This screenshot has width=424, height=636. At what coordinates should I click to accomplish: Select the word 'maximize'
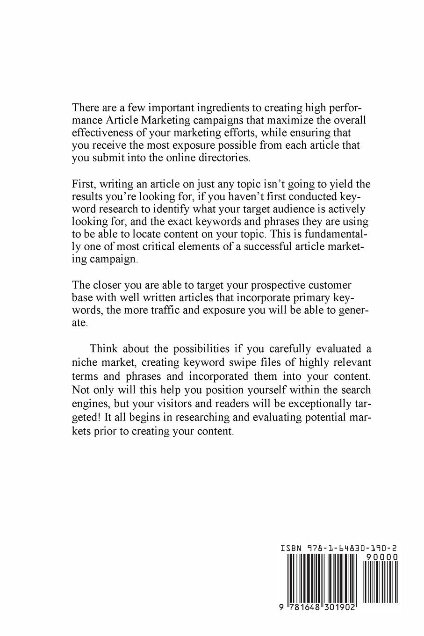pyautogui.click(x=273, y=120)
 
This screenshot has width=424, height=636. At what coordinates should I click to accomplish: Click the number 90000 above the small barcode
pyautogui.click(x=382, y=557)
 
